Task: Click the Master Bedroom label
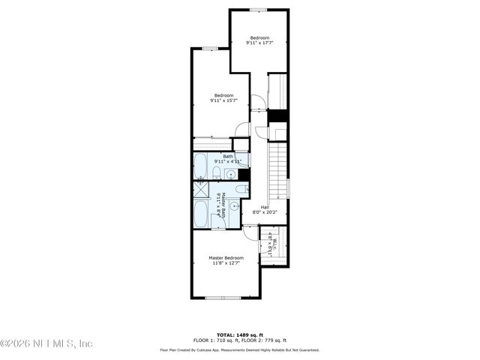click(x=226, y=257)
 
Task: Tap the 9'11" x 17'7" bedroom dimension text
click(x=259, y=43)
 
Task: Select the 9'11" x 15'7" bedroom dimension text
click(x=224, y=100)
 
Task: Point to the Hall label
click(x=265, y=207)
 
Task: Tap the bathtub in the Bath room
click(x=201, y=166)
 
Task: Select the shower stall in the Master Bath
click(x=201, y=189)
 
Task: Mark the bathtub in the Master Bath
click(x=201, y=214)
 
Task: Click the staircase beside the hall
click(x=277, y=171)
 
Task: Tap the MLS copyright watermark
click(x=46, y=343)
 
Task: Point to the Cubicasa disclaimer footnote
click(x=240, y=349)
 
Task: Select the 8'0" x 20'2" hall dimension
click(x=265, y=212)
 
